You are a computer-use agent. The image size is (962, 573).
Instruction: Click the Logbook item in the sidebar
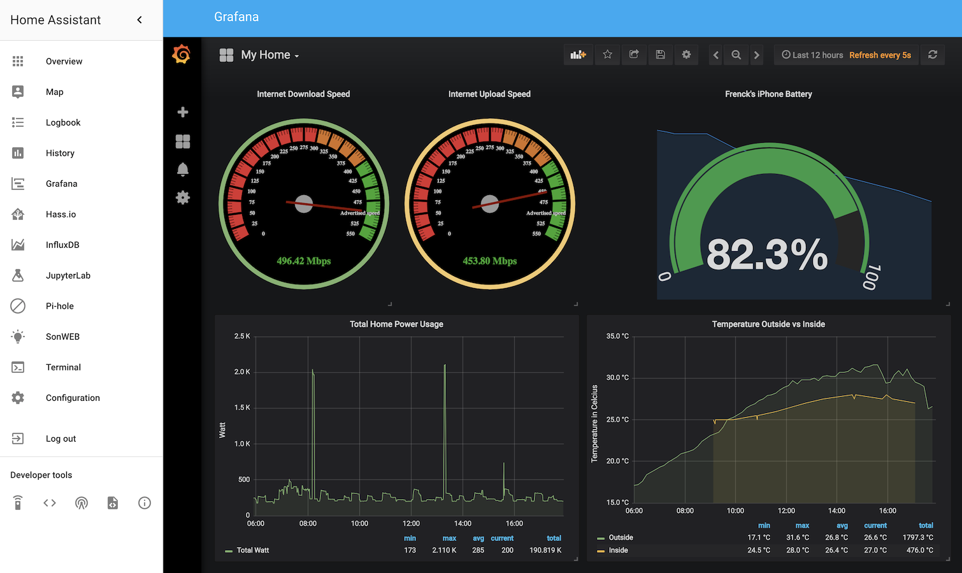tap(63, 122)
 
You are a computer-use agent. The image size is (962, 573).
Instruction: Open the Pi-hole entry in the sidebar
tap(59, 306)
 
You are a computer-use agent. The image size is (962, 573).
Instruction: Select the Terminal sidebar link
tap(63, 367)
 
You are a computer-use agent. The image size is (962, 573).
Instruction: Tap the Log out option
tap(61, 439)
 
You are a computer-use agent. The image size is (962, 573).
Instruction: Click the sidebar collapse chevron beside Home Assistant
tap(140, 20)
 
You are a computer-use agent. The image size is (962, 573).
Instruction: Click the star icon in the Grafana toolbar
tap(608, 55)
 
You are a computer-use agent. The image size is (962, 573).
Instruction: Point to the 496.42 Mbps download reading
tap(303, 261)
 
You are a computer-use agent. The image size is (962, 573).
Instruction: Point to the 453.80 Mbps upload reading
tap(489, 261)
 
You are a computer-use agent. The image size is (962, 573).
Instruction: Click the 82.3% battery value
tap(767, 254)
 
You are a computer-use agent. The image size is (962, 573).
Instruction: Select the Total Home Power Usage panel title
tap(396, 324)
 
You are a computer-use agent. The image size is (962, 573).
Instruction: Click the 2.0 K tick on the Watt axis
tap(242, 372)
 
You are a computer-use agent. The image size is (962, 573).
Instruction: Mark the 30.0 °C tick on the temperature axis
tap(617, 377)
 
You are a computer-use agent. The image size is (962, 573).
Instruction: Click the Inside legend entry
tap(618, 550)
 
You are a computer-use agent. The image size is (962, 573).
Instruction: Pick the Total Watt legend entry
tap(252, 550)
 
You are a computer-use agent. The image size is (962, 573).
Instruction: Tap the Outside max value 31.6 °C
tap(797, 537)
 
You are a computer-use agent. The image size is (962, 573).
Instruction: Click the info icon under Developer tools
tap(145, 503)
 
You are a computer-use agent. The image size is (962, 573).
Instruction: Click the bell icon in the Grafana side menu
tap(183, 170)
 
